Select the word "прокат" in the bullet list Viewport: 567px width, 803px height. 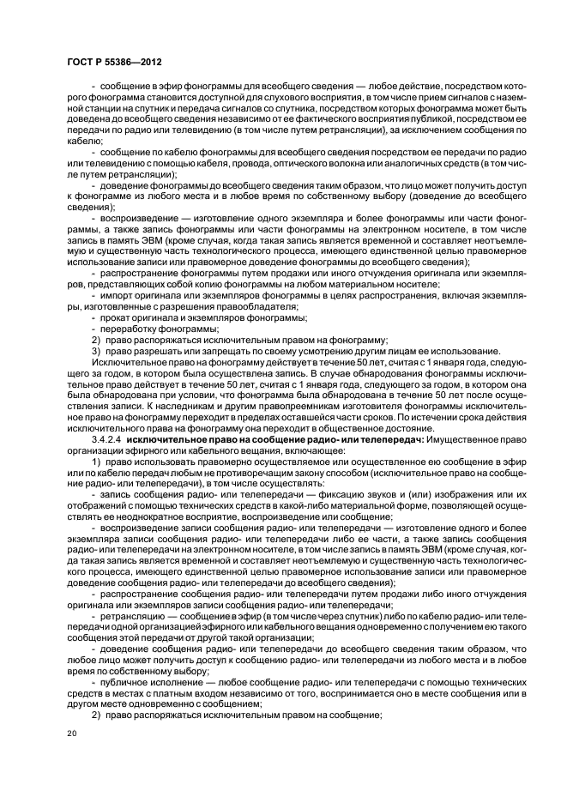[117, 317]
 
